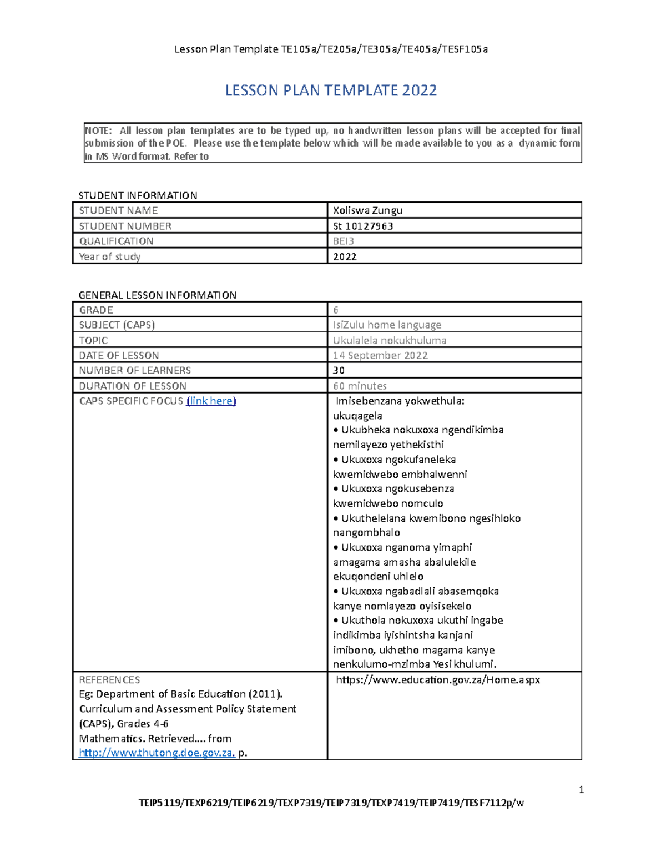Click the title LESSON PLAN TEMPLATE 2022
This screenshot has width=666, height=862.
tap(331, 90)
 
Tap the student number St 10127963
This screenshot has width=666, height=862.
tap(363, 226)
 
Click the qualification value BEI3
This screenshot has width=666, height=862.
tap(343, 241)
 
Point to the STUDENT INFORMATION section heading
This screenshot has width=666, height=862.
tap(138, 195)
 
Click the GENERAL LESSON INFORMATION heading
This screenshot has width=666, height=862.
tap(158, 295)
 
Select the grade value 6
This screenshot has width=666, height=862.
tap(336, 310)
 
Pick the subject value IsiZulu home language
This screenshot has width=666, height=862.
tap(387, 325)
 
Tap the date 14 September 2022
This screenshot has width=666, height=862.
tap(380, 355)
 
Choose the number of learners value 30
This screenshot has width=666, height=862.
tap(339, 370)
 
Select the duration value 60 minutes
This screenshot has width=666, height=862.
tap(360, 386)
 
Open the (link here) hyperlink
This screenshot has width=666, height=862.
tap(211, 401)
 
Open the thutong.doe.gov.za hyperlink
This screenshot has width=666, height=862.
tap(157, 753)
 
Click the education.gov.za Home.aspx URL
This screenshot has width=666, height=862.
tap(438, 680)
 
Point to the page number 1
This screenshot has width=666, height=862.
tap(581, 790)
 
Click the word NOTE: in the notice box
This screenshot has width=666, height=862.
tap(98, 131)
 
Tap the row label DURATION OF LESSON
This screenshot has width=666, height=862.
tap(133, 386)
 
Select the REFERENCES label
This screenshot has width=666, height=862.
tap(109, 680)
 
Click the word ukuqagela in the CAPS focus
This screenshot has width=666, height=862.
tap(357, 416)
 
